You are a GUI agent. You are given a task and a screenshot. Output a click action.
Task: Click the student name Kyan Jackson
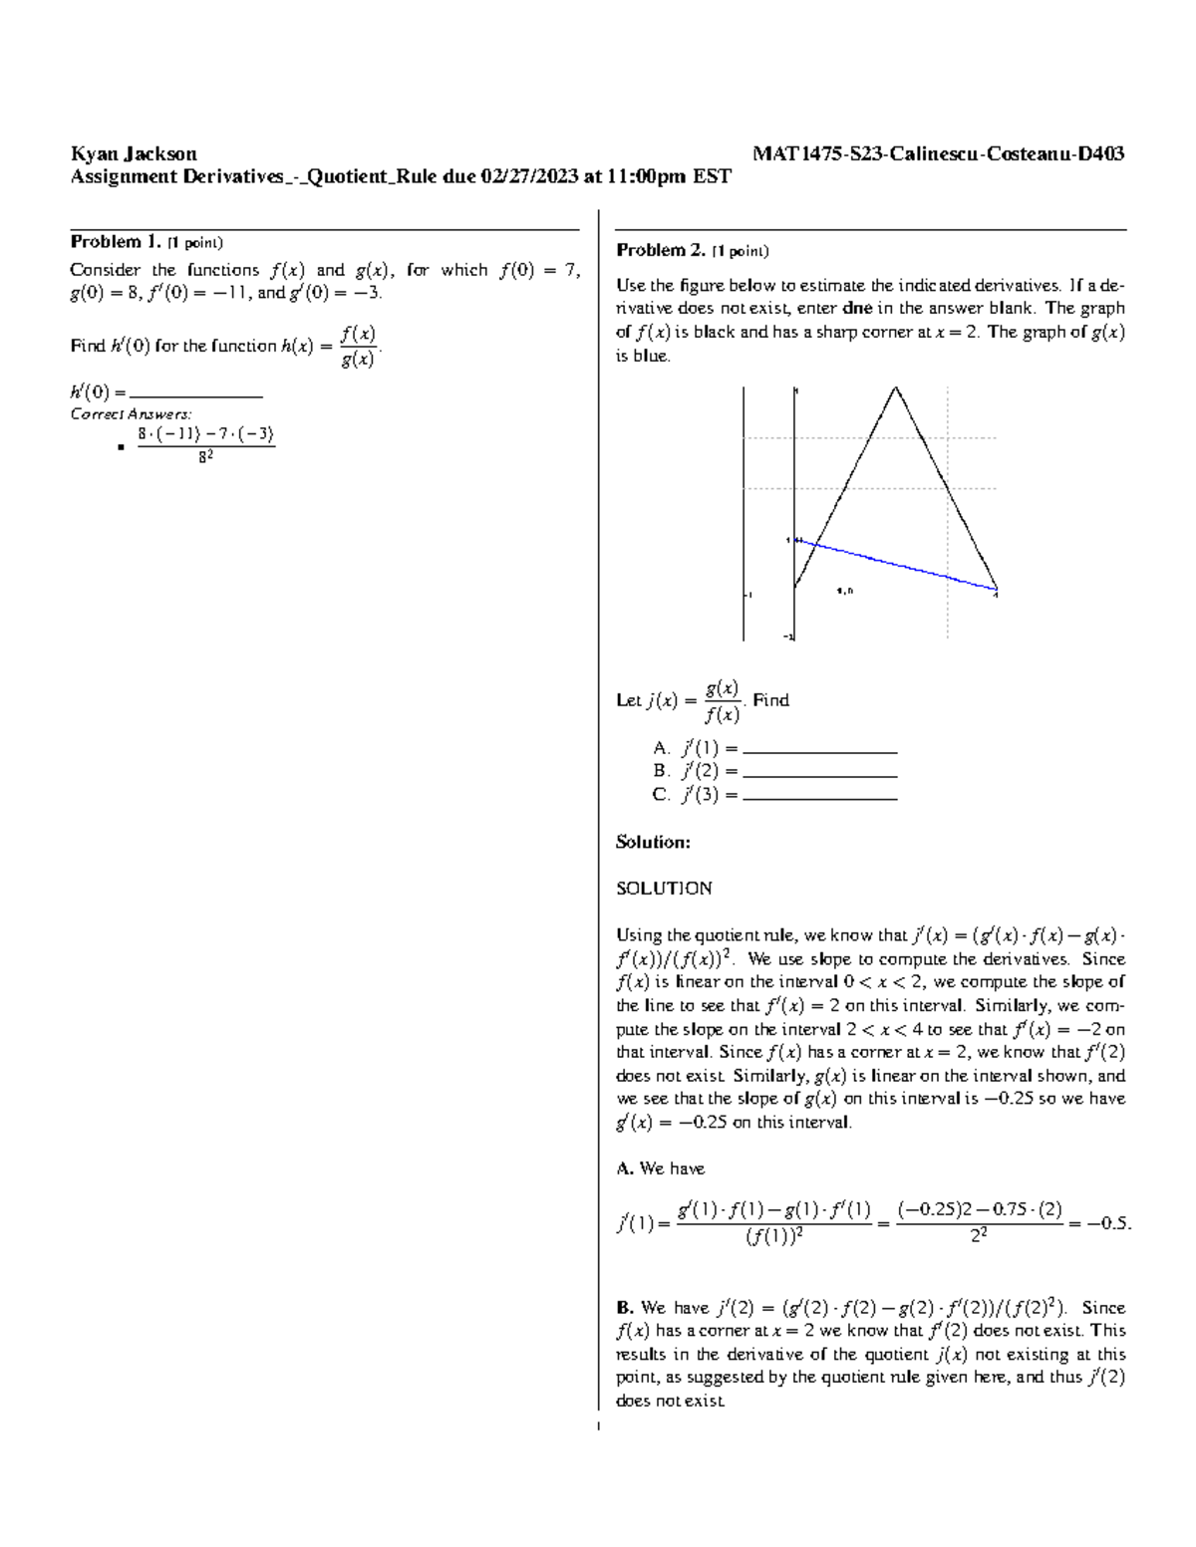[x=134, y=153]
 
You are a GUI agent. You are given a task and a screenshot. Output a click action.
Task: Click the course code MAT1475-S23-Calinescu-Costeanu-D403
[x=938, y=153]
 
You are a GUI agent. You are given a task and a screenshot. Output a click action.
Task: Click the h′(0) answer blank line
[x=196, y=394]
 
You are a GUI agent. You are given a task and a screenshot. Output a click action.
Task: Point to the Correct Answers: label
[x=131, y=414]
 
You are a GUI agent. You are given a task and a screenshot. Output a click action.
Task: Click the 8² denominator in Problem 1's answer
[x=205, y=458]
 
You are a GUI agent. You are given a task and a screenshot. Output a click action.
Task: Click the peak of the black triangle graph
[x=896, y=387]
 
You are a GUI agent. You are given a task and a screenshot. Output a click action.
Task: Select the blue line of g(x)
[x=897, y=565]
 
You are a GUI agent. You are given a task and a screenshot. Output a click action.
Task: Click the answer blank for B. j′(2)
[x=820, y=774]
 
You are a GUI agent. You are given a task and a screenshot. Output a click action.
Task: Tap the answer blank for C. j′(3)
[x=820, y=797]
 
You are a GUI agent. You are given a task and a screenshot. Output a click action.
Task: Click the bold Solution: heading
[x=653, y=842]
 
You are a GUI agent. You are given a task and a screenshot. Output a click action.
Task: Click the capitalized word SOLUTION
[x=664, y=888]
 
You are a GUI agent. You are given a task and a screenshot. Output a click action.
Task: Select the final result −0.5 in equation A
[x=1108, y=1223]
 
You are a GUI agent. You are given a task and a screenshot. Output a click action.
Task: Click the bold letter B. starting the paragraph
[x=625, y=1307]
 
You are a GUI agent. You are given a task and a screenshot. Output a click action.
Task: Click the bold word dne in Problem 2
[x=857, y=308]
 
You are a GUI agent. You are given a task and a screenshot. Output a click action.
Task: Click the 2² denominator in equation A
[x=979, y=1236]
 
